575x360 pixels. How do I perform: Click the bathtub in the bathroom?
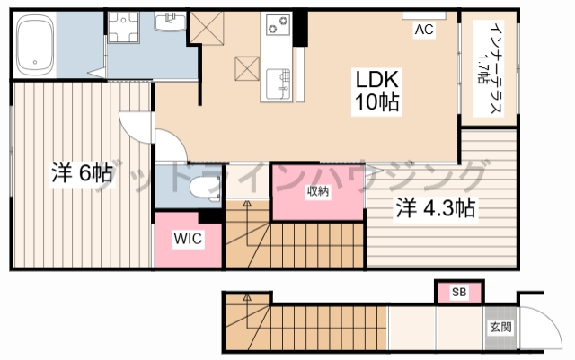(x=34, y=45)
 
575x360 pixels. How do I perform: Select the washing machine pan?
(x=123, y=28)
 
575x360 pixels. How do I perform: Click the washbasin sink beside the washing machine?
(x=170, y=22)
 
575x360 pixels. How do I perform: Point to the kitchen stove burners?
(x=277, y=24)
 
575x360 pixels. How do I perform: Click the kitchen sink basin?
(x=278, y=84)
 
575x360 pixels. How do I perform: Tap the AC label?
(x=424, y=30)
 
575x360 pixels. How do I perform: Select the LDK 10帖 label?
(x=377, y=91)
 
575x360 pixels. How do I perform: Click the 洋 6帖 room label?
(x=82, y=173)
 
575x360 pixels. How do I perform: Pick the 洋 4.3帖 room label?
(x=436, y=208)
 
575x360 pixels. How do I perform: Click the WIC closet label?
(x=188, y=238)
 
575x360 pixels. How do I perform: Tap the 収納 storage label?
(x=318, y=191)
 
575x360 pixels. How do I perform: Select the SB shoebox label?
(x=459, y=292)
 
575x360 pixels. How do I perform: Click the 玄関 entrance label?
(x=500, y=327)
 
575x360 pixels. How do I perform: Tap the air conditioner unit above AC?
(x=424, y=15)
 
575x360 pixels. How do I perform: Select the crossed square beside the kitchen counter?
(x=247, y=68)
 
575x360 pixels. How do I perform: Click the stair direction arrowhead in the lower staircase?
(x=247, y=298)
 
